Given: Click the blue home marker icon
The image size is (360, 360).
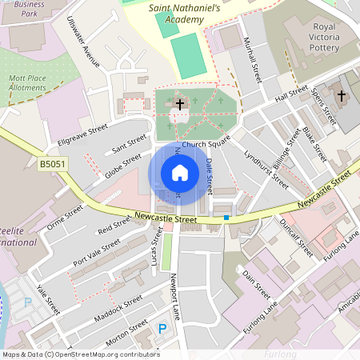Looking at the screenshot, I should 179,173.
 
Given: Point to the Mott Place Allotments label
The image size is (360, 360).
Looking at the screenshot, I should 28,82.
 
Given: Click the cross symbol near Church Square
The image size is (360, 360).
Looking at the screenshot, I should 180,104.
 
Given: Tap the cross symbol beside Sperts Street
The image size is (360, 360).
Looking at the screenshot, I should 342,96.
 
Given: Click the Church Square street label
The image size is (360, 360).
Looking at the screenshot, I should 206,144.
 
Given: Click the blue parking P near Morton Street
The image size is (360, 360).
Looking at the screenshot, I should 163,329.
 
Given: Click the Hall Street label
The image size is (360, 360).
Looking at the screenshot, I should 291,97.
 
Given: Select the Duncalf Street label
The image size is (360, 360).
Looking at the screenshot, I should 297,237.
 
